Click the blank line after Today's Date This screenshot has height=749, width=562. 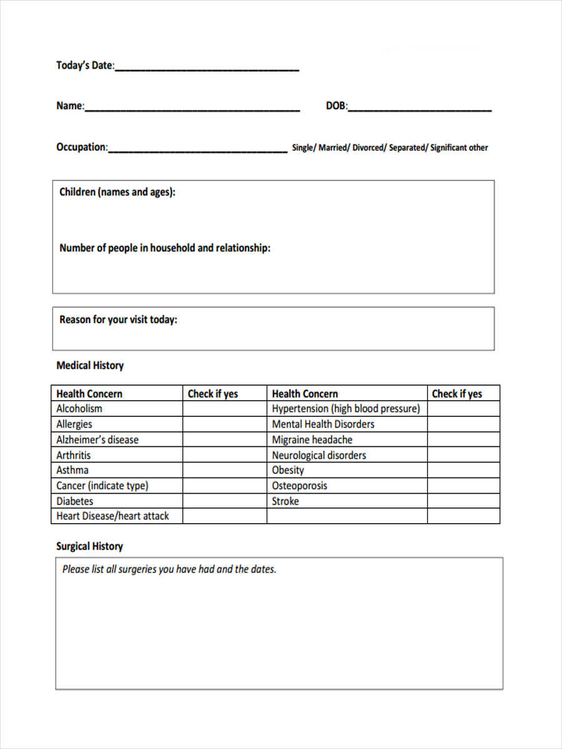coord(207,67)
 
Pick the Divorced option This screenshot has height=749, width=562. coord(369,148)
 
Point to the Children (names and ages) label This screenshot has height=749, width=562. coord(117,192)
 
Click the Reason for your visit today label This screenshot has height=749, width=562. coord(118,320)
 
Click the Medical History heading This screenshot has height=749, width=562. coord(90,366)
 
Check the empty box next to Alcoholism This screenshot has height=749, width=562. coord(224,409)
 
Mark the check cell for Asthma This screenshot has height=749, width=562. coord(224,470)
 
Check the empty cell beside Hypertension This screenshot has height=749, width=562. coord(463,409)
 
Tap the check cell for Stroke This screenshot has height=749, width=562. coord(463,501)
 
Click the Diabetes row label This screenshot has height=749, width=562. coord(75,501)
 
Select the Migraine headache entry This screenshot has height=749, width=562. coord(312,439)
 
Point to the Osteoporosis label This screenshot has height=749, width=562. coord(299,486)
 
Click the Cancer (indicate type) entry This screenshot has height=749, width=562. coord(102,486)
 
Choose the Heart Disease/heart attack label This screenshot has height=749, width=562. coord(112,516)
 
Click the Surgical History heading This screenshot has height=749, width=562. coord(89,546)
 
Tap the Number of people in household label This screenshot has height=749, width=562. coord(165,248)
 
